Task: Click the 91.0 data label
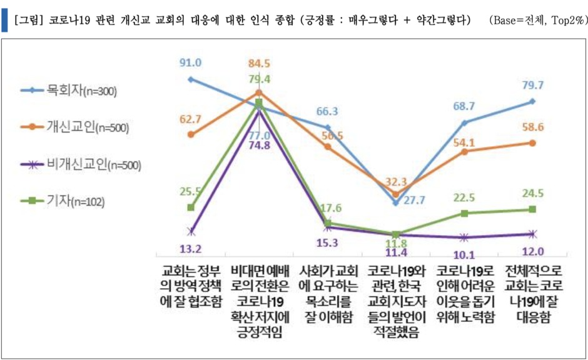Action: click(190, 62)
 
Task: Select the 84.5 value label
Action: click(259, 63)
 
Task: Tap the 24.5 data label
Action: click(532, 194)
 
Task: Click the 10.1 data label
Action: click(464, 254)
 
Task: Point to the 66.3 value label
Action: click(327, 111)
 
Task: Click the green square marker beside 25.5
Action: click(190, 207)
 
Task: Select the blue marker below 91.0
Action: click(190, 79)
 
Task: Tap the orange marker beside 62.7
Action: click(190, 134)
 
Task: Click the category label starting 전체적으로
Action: click(532, 290)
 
